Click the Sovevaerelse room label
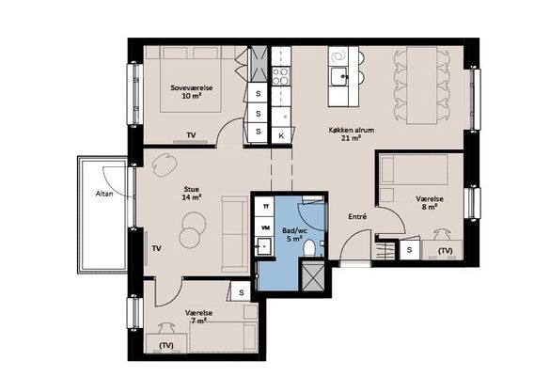tap(192, 87)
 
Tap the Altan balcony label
tap(104, 194)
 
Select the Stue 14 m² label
tap(192, 194)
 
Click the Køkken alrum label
tap(351, 130)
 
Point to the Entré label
tap(357, 217)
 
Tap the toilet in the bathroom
tap(309, 248)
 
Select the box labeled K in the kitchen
tap(281, 135)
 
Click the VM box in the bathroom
tap(266, 227)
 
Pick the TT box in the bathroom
tap(265, 207)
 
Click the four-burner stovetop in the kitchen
tap(281, 76)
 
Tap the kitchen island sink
tap(338, 76)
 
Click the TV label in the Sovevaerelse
tap(191, 135)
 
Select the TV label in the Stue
tap(156, 248)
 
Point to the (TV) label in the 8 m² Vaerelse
tap(445, 250)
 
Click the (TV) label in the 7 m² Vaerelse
tap(166, 345)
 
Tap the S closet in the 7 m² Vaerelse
tap(241, 291)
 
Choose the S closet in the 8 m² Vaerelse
tap(409, 250)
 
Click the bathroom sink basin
tap(263, 246)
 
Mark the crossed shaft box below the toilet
tap(313, 275)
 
